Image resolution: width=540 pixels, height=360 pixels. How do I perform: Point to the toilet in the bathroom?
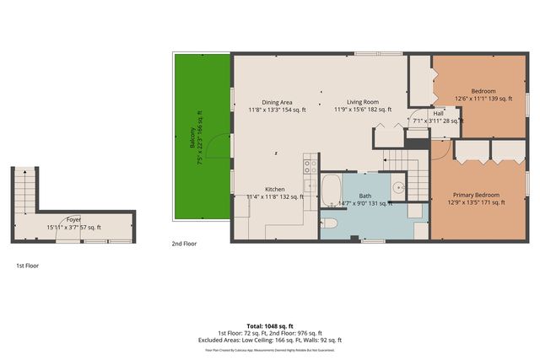point(330,223)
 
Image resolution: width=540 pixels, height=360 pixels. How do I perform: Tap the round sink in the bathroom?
point(398,187)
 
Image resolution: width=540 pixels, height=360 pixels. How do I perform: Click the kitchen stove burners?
point(310,165)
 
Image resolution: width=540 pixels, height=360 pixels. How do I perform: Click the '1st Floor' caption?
point(27,266)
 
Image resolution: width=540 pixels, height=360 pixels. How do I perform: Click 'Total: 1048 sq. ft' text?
point(270,325)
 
